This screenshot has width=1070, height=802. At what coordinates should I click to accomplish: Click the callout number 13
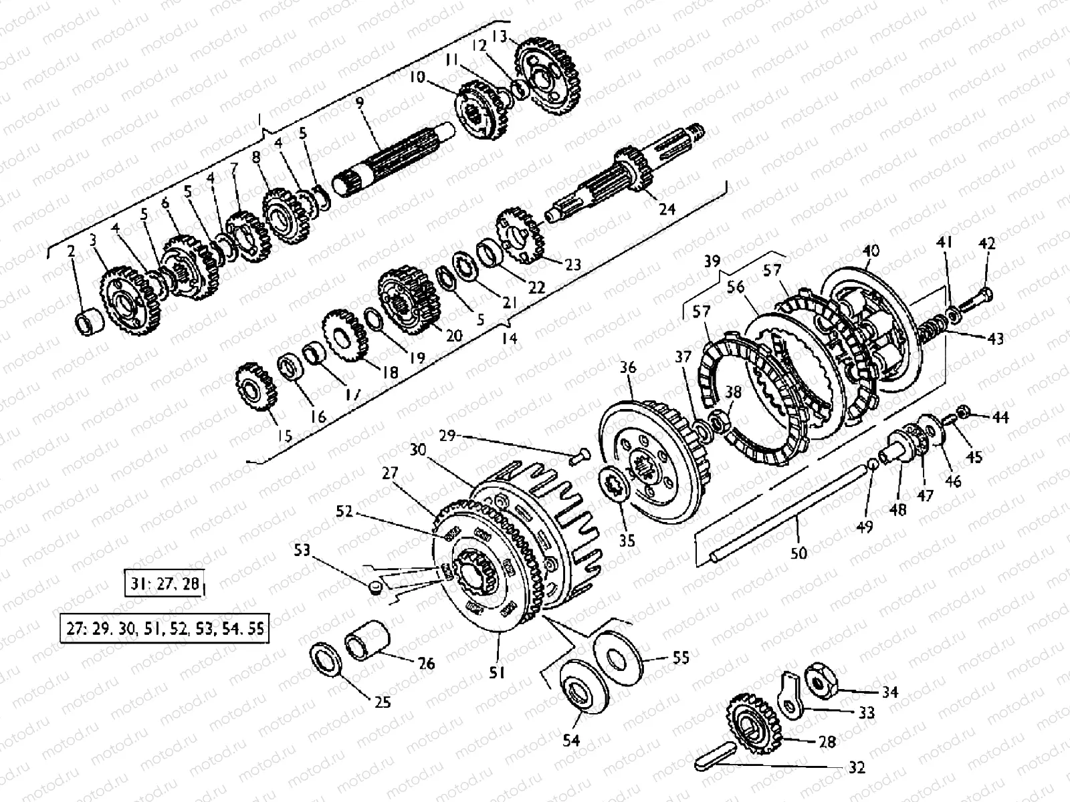coord(518,35)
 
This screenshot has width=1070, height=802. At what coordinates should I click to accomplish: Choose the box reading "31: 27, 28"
coord(163,583)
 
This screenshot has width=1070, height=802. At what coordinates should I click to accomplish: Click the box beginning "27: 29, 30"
coord(165,629)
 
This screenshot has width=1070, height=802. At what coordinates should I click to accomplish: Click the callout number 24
coord(667,209)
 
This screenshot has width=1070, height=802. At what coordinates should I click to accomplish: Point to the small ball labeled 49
coord(874,465)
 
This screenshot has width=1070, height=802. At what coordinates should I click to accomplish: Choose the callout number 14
coord(509,339)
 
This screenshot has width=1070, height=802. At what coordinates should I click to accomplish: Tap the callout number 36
coord(628,368)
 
